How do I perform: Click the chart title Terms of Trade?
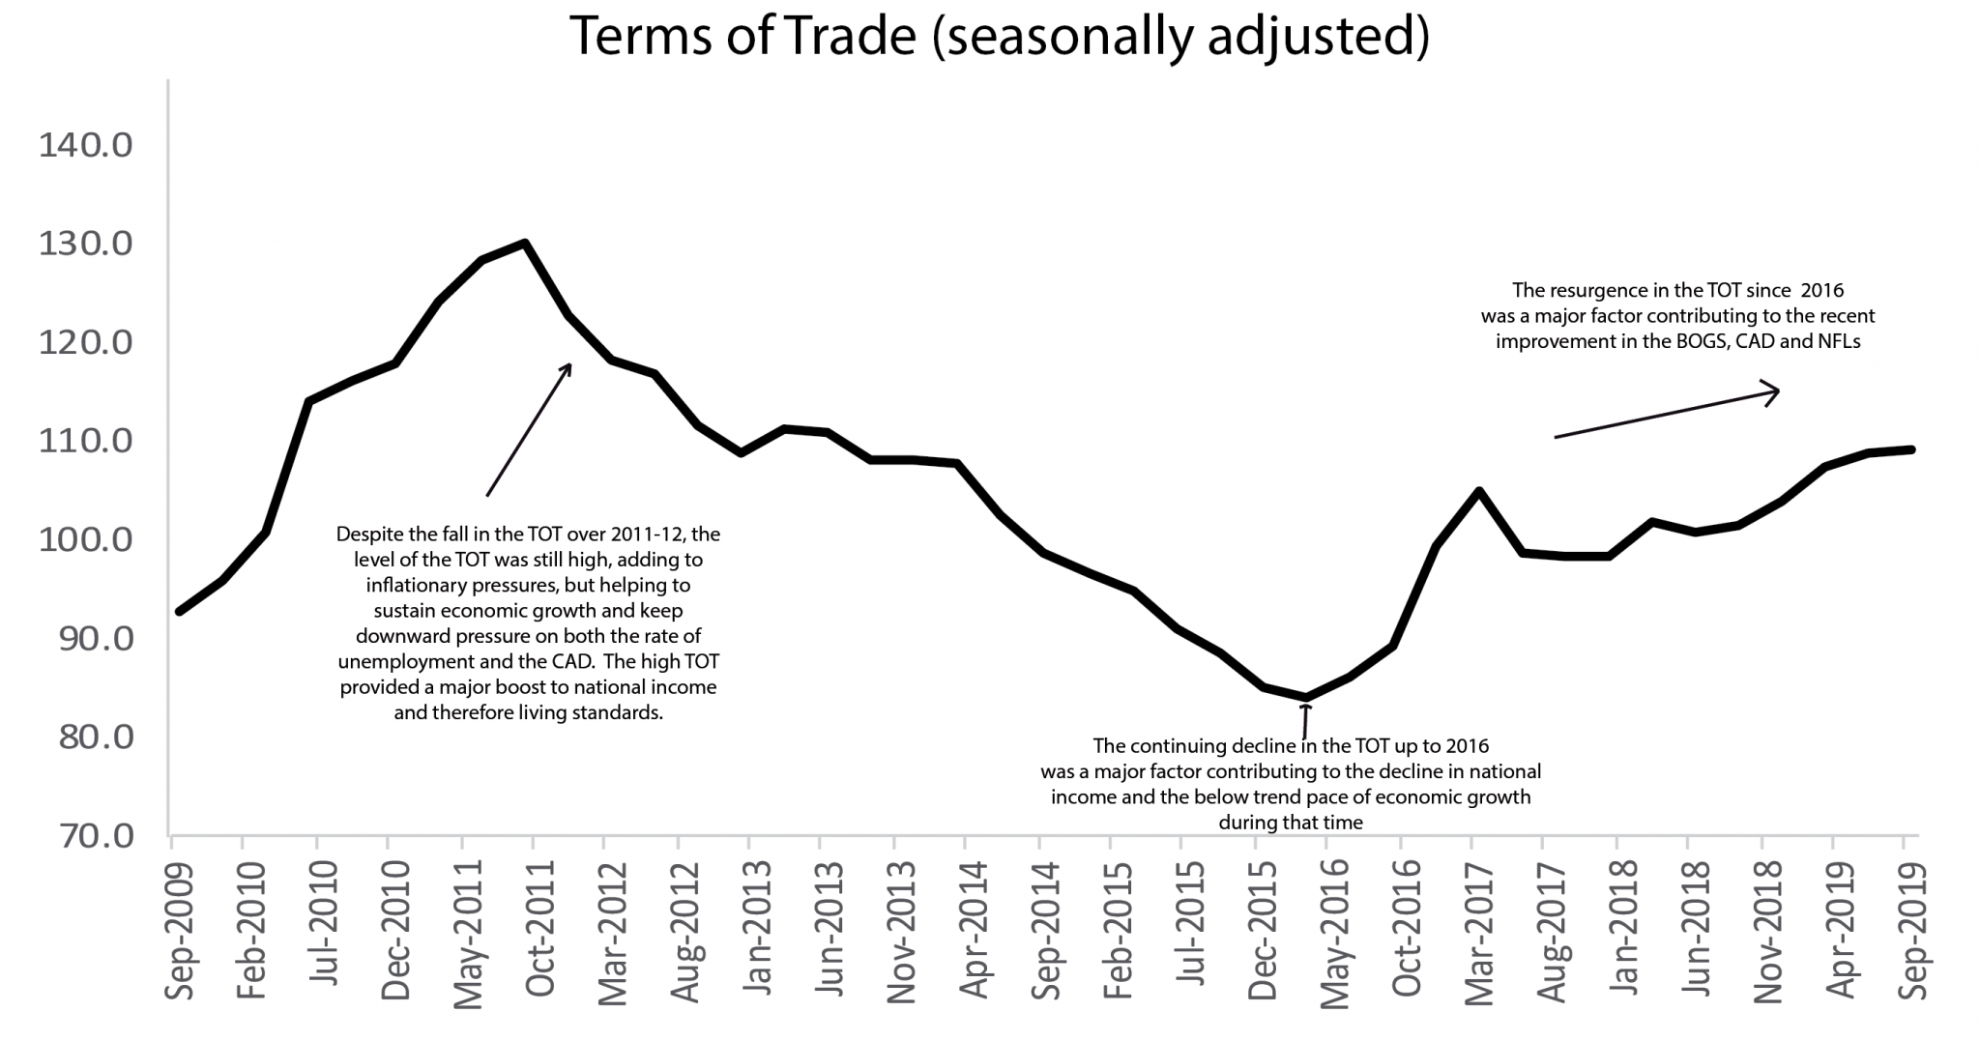1000,37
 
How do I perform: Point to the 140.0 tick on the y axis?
85,146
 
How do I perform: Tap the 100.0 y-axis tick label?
85,539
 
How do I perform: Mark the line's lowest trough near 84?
1306,697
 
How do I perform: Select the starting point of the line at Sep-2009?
180,611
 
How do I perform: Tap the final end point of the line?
1911,449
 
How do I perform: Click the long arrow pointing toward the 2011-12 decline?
529,430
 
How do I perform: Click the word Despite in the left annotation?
366,534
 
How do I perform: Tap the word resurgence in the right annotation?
1595,290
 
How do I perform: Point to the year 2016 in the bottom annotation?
1468,746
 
